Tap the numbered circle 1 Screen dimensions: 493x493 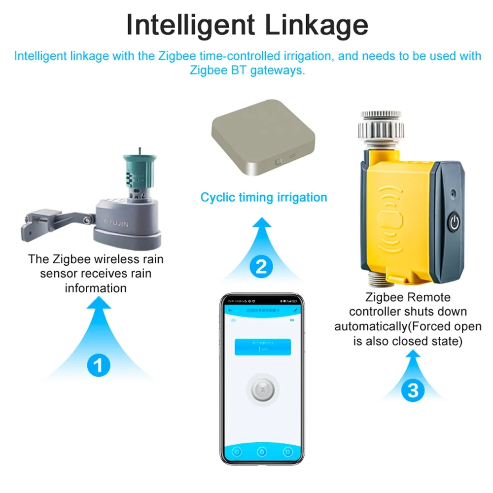pos(98,365)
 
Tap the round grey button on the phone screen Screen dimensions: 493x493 pos(262,390)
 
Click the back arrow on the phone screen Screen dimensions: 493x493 pos(231,310)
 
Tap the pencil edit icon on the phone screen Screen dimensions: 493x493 pos(296,310)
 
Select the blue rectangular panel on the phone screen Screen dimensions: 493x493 pos(262,347)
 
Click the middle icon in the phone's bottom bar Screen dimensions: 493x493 pos(262,452)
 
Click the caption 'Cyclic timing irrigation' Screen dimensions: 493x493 pos(263,198)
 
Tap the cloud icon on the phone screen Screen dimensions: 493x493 pos(232,320)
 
